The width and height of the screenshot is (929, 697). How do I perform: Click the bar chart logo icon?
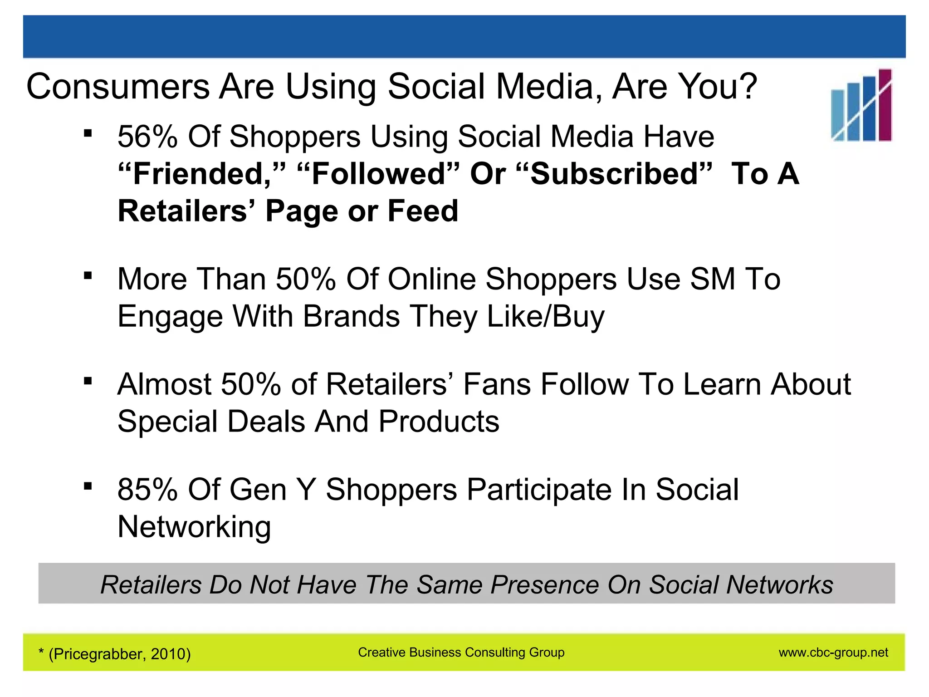pos(861,105)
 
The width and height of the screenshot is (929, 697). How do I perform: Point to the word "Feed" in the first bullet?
pos(423,211)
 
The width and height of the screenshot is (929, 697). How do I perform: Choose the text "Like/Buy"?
pos(546,316)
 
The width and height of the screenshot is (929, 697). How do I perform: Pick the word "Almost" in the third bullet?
pos(164,384)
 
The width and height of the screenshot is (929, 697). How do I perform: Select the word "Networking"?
pos(194,527)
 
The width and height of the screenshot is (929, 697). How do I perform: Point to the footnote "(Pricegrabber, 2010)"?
pos(119,654)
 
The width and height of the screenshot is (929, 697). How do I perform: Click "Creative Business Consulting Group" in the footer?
pos(461,653)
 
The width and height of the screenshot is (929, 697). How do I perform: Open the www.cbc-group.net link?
pos(833,653)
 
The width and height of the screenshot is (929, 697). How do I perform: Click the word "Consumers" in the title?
pos(118,87)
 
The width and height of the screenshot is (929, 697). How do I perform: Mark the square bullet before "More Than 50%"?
pos(88,275)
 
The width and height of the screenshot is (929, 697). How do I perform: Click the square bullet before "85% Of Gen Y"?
pos(88,486)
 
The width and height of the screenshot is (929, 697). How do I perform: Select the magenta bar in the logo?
pos(885,105)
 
